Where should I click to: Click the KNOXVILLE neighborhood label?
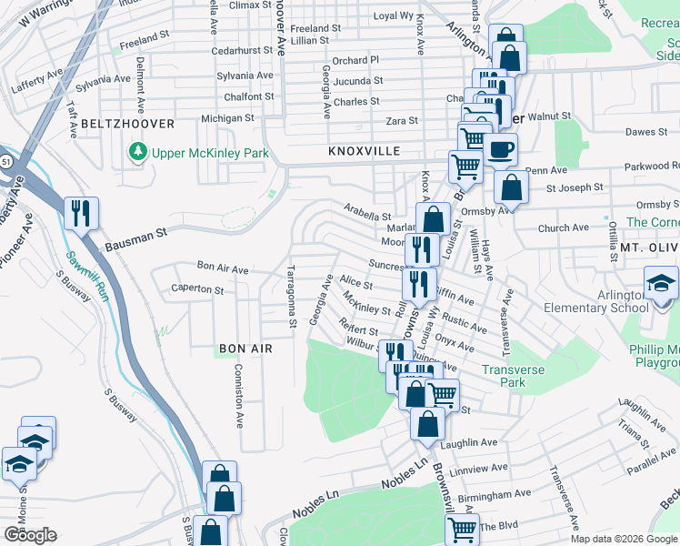point(364,151)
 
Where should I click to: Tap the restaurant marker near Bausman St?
point(81,214)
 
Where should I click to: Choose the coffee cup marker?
point(498,149)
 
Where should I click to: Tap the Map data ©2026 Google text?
point(624,539)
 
